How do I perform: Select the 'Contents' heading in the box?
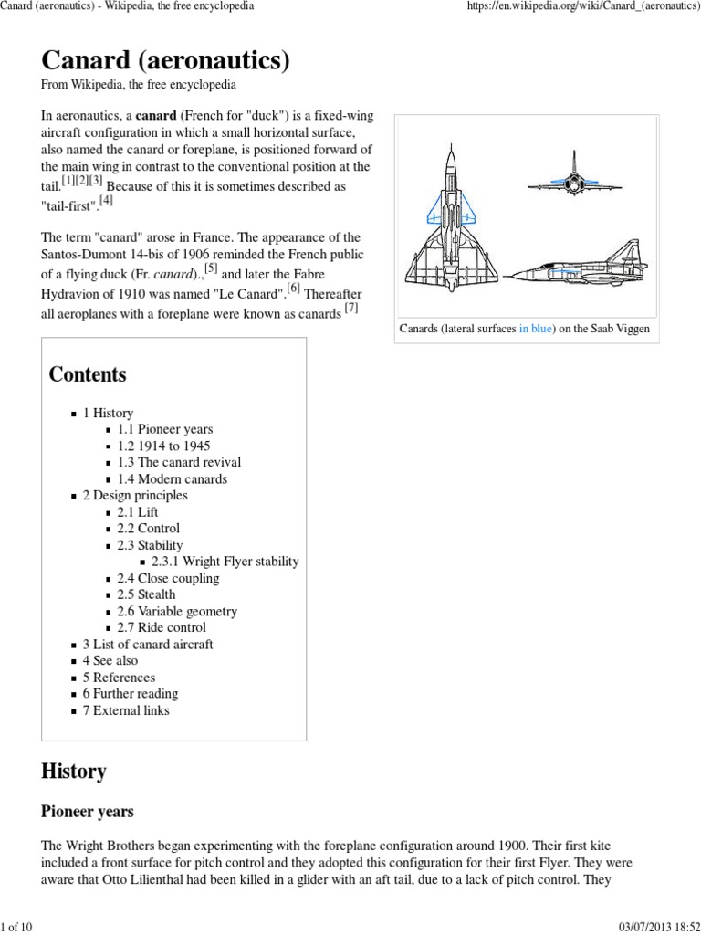tap(88, 374)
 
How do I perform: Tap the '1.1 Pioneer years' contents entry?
tap(164, 429)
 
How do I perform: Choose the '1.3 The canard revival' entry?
tap(179, 462)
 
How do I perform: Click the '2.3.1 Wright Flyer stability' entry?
tap(225, 562)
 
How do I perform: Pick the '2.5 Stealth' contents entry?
tap(146, 594)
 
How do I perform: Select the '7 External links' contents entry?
tap(126, 710)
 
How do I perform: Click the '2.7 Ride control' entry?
tap(162, 627)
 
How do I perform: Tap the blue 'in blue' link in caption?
tap(536, 329)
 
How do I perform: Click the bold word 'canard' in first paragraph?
tap(156, 117)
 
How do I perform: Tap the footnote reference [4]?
tap(107, 200)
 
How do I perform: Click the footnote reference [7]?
tap(351, 309)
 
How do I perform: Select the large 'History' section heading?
tap(74, 772)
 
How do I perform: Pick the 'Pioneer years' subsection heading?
tap(88, 811)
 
